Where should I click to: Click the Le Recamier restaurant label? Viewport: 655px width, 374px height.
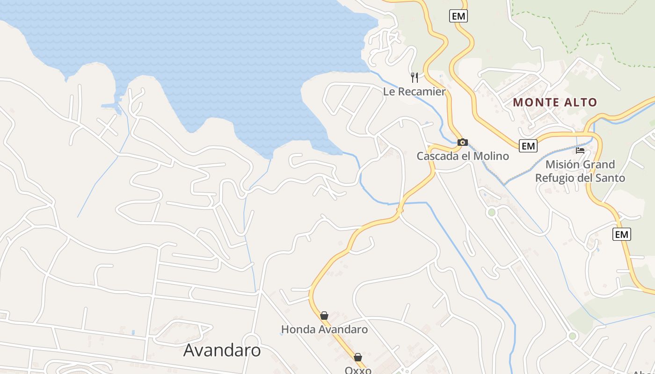pos(414,92)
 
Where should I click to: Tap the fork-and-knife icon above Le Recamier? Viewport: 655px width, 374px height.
pos(414,77)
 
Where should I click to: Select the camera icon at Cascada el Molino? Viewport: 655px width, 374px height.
pos(462,142)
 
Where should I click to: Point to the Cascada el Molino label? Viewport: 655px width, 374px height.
pos(463,156)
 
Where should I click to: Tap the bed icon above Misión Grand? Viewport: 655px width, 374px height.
pos(580,151)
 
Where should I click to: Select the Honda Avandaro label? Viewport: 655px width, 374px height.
pos(324,330)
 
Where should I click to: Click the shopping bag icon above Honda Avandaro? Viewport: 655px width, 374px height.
pos(324,316)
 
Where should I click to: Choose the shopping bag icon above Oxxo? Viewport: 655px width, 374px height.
pos(358,357)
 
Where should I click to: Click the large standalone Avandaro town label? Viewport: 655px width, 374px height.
pos(222,350)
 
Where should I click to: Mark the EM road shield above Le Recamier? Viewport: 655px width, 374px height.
pos(458,16)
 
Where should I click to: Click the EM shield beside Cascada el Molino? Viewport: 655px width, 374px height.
pos(528,146)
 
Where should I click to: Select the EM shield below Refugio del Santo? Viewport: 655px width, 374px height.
pos(622,234)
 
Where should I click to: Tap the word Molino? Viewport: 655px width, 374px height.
pos(491,156)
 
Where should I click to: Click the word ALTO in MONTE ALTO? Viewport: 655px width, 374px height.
pos(581,102)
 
